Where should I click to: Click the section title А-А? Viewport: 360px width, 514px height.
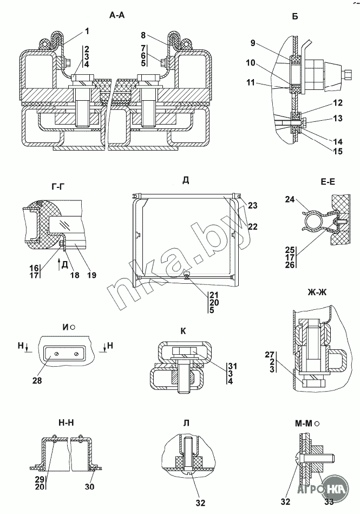tap(117, 15)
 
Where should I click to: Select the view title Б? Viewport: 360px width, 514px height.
tap(295, 16)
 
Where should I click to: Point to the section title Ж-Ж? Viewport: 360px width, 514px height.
tap(317, 292)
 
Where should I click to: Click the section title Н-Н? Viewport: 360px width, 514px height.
tap(66, 423)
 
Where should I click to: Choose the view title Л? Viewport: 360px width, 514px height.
tap(186, 423)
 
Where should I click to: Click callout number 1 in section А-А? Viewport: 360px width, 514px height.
tap(87, 31)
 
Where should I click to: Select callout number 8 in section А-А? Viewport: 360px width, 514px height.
tap(144, 35)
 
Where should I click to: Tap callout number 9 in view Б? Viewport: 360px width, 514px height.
tap(253, 43)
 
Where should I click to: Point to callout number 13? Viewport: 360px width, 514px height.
tap(337, 118)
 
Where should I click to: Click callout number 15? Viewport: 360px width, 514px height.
tap(337, 151)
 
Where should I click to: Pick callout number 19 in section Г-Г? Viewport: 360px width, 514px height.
tap(91, 275)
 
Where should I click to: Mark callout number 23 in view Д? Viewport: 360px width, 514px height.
tap(253, 205)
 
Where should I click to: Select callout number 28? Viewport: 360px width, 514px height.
tap(37, 381)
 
